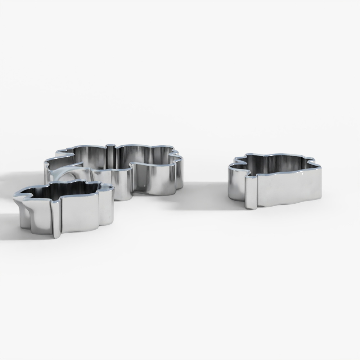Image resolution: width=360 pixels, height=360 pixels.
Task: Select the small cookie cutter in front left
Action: [x=65, y=209]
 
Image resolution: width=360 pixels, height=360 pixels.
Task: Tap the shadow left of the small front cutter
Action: [x=7, y=223]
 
